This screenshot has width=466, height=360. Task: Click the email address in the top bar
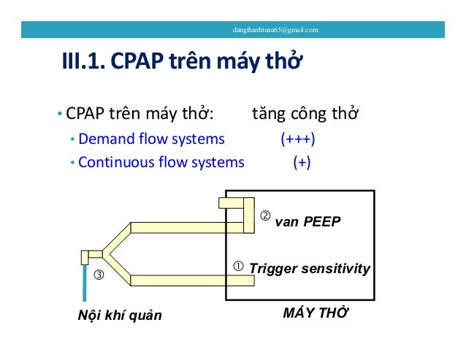click(x=275, y=30)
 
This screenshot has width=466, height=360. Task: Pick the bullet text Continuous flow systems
click(x=161, y=162)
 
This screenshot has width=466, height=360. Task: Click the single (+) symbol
click(x=301, y=162)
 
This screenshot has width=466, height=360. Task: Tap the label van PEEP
click(x=308, y=221)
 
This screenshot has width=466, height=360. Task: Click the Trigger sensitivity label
click(x=310, y=269)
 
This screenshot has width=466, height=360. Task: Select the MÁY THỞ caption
click(x=315, y=313)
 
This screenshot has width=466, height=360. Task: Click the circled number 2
click(x=266, y=216)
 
